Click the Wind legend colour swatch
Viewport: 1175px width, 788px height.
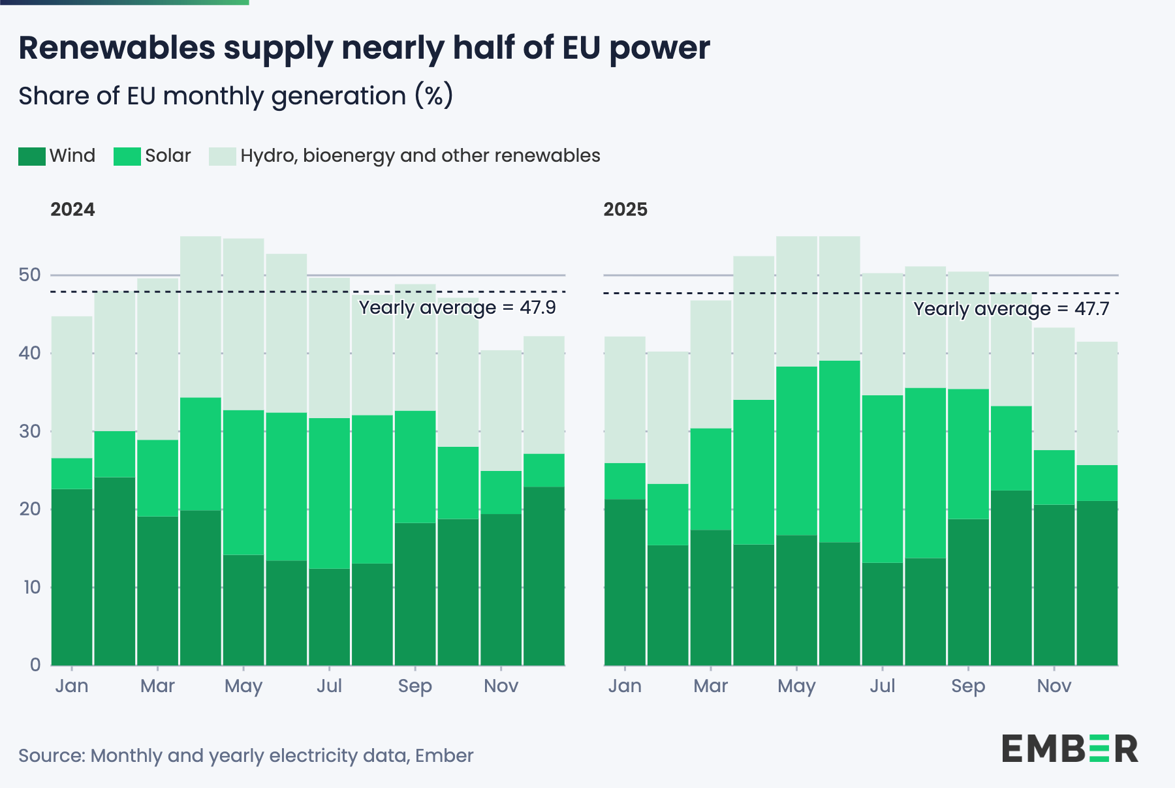[x=31, y=157]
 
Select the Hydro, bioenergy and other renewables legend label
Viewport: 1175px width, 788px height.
[x=420, y=156]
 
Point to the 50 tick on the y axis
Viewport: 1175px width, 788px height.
[x=30, y=275]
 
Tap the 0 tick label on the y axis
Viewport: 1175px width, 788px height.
[x=35, y=665]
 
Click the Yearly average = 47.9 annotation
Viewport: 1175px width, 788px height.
[x=457, y=307]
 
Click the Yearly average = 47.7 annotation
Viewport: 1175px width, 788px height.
[x=1010, y=309]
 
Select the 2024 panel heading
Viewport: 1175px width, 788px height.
[x=72, y=209]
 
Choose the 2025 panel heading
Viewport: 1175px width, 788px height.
[x=625, y=209]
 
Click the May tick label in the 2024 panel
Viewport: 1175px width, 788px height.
[x=243, y=686]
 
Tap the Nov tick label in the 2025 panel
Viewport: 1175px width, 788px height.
[x=1054, y=686]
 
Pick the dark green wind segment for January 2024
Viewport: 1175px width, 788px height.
[x=72, y=577]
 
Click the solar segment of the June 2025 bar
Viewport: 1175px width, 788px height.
[x=839, y=451]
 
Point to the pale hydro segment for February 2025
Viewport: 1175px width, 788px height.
[x=668, y=417]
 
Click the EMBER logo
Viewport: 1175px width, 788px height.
[x=1070, y=749]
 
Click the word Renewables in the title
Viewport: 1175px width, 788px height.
[x=117, y=48]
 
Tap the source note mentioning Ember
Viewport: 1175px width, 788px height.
[x=245, y=755]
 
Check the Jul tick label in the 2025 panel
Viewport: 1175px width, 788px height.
[x=882, y=686]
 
